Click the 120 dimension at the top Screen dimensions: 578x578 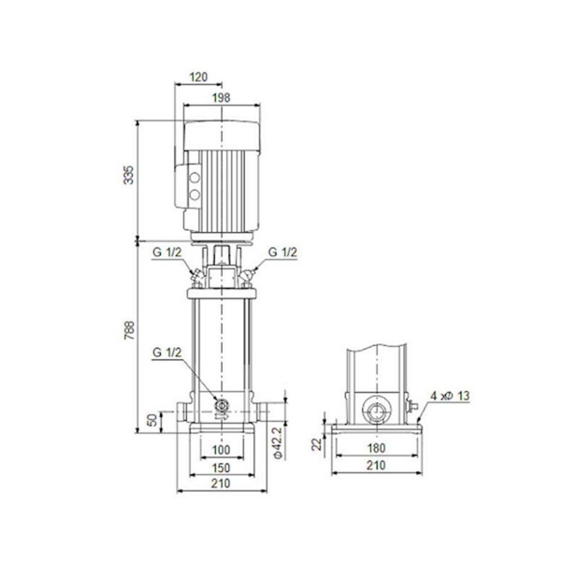198,77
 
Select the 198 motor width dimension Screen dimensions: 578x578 221,97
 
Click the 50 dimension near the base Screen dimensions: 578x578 152,421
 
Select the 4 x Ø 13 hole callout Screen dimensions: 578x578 451,397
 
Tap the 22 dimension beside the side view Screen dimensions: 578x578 316,445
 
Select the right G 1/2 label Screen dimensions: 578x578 283,252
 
